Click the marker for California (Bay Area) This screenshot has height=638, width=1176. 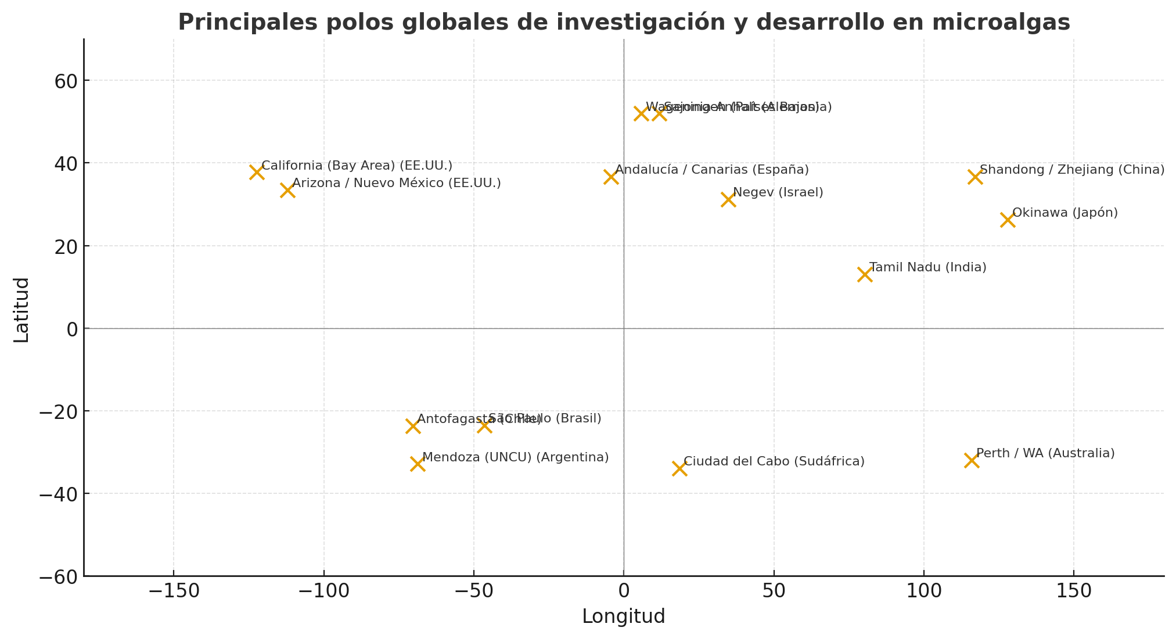point(257,172)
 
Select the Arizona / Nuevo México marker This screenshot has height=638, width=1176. point(287,190)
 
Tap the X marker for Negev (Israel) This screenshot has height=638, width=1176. point(728,199)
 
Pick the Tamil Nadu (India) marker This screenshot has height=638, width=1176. point(865,274)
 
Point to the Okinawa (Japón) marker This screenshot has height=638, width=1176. point(1008,220)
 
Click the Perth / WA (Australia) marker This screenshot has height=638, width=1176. point(972,460)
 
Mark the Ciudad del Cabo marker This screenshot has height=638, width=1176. point(679,468)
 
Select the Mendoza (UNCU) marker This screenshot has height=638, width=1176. point(418,464)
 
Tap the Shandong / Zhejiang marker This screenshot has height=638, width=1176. point(975,177)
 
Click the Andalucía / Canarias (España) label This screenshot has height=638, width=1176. point(711,170)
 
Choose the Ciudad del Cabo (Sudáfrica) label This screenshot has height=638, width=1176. point(774,461)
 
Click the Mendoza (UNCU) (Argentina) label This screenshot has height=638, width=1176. point(515,457)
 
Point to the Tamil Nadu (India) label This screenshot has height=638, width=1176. point(927,267)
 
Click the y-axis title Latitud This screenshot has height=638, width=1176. point(21,310)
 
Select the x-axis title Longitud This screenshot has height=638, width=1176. point(623,617)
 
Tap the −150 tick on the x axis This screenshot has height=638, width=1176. point(174,591)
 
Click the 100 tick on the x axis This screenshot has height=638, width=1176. point(923,591)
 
